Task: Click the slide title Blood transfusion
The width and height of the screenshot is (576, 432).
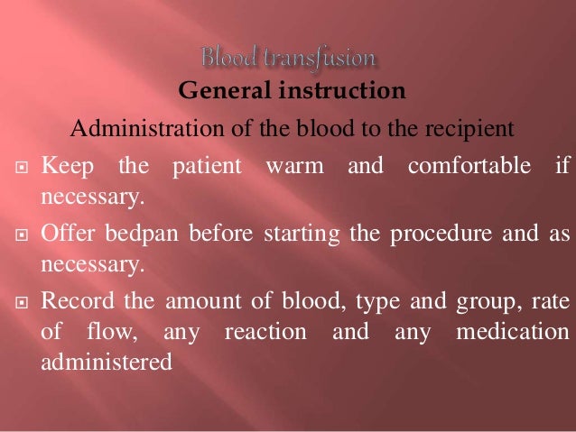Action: coord(288,60)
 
